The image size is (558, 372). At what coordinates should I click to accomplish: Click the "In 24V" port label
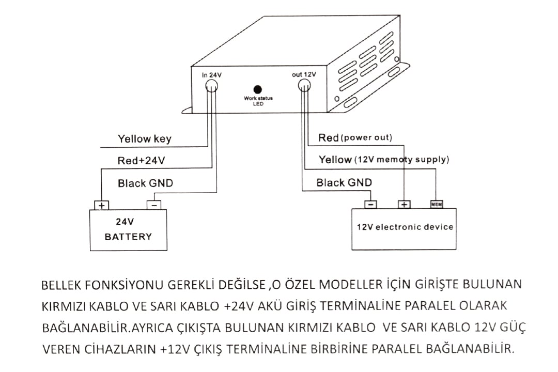point(212,75)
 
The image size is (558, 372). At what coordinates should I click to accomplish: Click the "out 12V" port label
point(304,74)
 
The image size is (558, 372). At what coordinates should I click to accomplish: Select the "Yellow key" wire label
point(144,138)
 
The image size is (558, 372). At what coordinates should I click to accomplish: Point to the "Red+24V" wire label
point(141,161)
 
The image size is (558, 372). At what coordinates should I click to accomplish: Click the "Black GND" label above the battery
point(145,183)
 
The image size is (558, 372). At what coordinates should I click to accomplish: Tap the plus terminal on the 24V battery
point(101,205)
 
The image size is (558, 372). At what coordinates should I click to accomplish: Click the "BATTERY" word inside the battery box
point(128,237)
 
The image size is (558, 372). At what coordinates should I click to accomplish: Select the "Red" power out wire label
point(329,137)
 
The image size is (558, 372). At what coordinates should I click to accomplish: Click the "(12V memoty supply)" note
point(402,160)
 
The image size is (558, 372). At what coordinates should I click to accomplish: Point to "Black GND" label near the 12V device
point(344,182)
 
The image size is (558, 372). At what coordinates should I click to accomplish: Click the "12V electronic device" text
point(405,227)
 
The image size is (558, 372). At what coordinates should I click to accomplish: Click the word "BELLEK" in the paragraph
point(62,285)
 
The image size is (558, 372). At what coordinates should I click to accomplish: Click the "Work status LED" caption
point(258,100)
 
